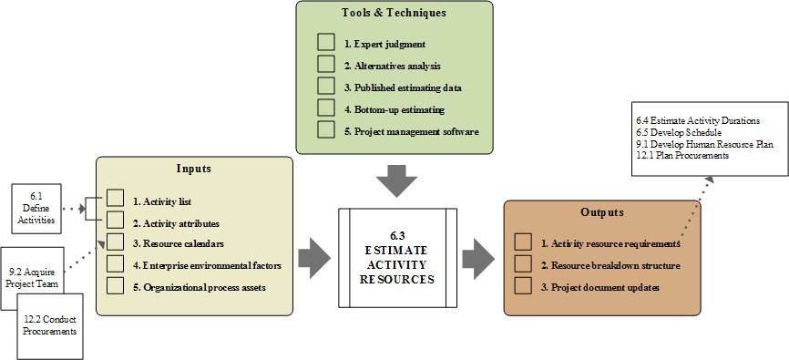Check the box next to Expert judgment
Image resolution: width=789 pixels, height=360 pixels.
click(326, 43)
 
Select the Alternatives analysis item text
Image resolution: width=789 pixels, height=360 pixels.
click(392, 66)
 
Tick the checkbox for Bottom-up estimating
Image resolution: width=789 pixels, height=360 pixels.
click(326, 108)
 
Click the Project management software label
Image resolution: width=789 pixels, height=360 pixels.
click(412, 131)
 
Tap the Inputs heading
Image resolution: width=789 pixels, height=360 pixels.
click(193, 169)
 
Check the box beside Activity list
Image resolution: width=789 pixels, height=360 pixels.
click(115, 199)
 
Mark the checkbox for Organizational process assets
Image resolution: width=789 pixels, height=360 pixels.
click(115, 286)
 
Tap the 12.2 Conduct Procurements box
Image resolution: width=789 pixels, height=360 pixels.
click(50, 324)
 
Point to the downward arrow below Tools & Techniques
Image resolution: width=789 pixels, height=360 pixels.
click(394, 180)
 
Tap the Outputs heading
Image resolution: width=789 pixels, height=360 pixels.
click(601, 212)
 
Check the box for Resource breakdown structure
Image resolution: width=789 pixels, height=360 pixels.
click(523, 264)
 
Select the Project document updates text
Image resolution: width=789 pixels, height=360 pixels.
click(599, 287)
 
